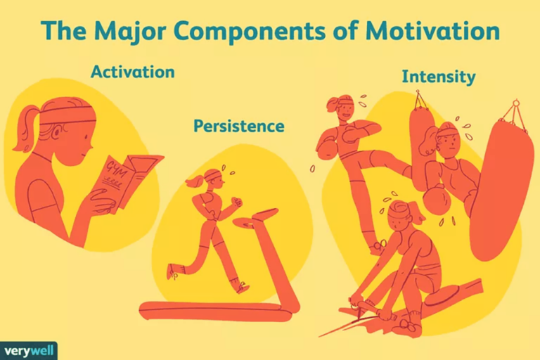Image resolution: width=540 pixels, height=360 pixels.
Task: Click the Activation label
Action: [131, 72]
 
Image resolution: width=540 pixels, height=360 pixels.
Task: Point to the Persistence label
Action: [239, 127]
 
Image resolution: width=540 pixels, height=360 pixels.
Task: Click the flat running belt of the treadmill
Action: [211, 310]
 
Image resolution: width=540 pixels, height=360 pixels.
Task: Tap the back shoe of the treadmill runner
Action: [173, 271]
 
